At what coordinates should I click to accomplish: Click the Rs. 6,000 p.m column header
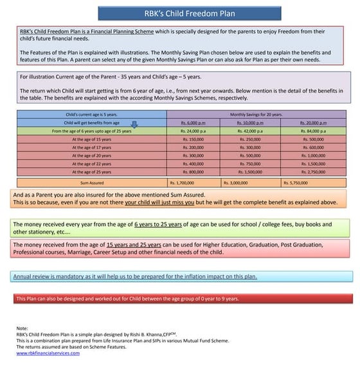(x=192, y=122)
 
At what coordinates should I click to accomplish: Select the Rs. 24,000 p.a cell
(x=192, y=130)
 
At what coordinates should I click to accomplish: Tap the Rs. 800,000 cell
(x=192, y=172)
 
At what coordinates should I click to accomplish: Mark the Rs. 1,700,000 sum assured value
(x=192, y=182)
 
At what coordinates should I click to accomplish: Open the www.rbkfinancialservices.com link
(x=42, y=353)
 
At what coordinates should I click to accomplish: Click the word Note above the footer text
(x=22, y=328)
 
